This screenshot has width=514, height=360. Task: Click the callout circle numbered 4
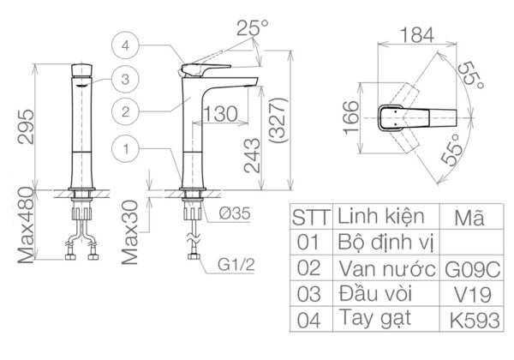pos(126,45)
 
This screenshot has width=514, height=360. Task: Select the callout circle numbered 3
pos(126,79)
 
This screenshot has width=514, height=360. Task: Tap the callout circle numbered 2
pos(126,111)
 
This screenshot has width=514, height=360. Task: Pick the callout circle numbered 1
pos(126,148)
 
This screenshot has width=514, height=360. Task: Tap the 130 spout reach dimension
pos(221,113)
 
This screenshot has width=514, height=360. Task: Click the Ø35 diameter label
pos(229,214)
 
